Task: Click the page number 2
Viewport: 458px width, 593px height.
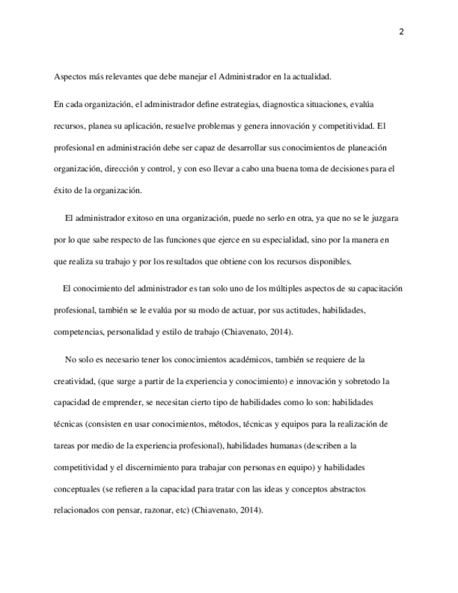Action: point(401,31)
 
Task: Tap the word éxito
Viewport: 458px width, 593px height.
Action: point(64,190)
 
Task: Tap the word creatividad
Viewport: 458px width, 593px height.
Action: point(74,381)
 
